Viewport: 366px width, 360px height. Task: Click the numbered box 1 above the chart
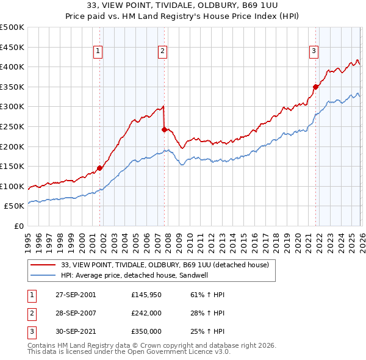[x=99, y=52]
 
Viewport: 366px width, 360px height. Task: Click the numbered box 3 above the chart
[x=314, y=52]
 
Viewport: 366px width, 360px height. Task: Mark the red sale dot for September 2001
[x=99, y=168]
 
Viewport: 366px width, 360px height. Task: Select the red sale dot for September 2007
[x=164, y=129]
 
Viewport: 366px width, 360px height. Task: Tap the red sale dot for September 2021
[x=315, y=87]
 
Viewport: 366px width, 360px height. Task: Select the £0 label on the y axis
[x=18, y=226]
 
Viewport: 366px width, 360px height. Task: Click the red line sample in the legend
[x=43, y=265]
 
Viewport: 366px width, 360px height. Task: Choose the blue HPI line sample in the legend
[x=43, y=276]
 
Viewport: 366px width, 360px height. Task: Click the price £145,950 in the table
[x=146, y=295]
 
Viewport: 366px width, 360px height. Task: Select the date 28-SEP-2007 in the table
[x=76, y=313]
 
